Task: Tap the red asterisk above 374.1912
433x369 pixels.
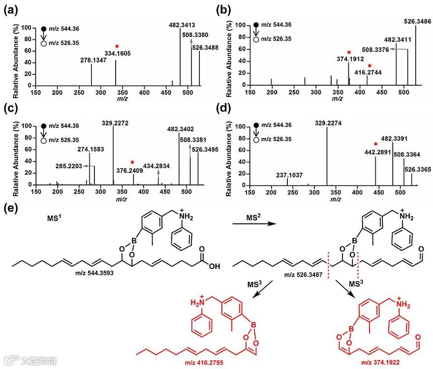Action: (349, 53)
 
